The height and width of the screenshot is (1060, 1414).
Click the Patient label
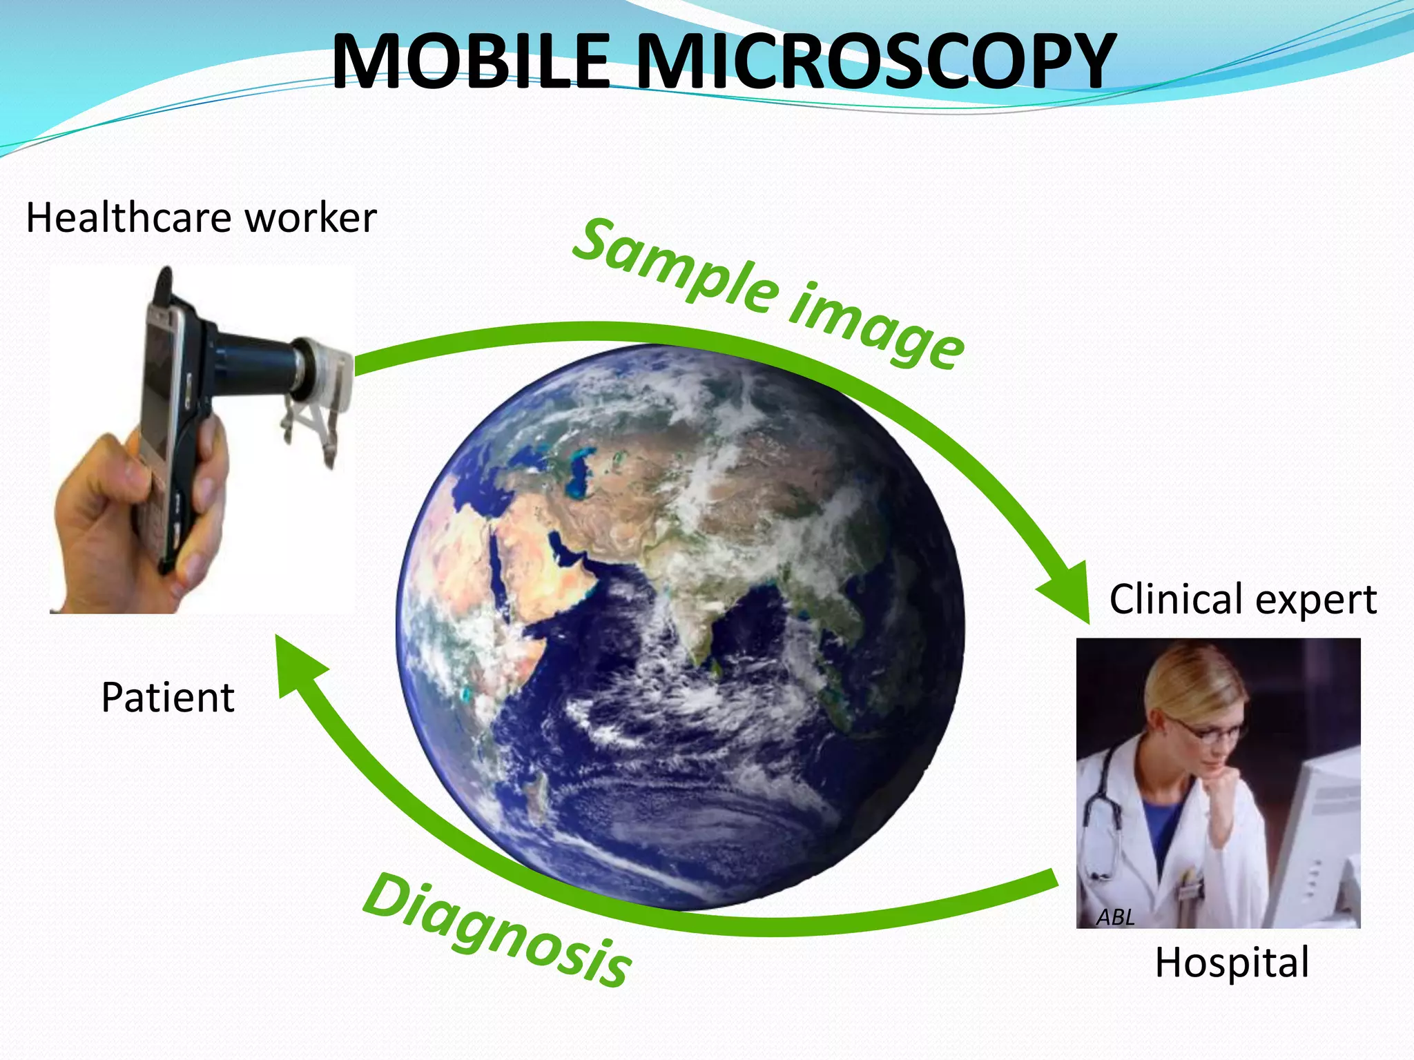[168, 697]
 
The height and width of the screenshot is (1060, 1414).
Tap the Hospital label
[1232, 962]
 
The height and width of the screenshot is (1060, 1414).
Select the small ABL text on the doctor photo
[1115, 917]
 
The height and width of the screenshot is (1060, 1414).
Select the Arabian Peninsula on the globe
[545, 545]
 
